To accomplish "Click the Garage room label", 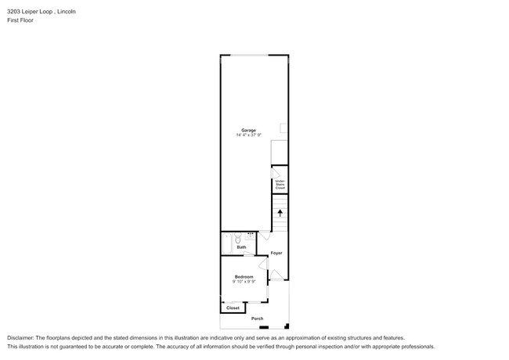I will point(248,130).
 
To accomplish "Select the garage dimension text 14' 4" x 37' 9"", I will point(248,135).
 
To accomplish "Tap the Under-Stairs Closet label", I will point(280,185).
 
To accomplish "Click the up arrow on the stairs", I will point(280,212).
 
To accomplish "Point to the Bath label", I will point(242,247).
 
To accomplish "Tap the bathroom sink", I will point(251,234).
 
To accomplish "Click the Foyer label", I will point(276,253).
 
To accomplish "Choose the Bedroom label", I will point(244,276).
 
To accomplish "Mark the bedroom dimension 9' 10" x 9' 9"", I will point(244,282).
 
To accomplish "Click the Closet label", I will point(233,308).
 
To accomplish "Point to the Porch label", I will point(257,319).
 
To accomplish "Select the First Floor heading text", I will point(21,21).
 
